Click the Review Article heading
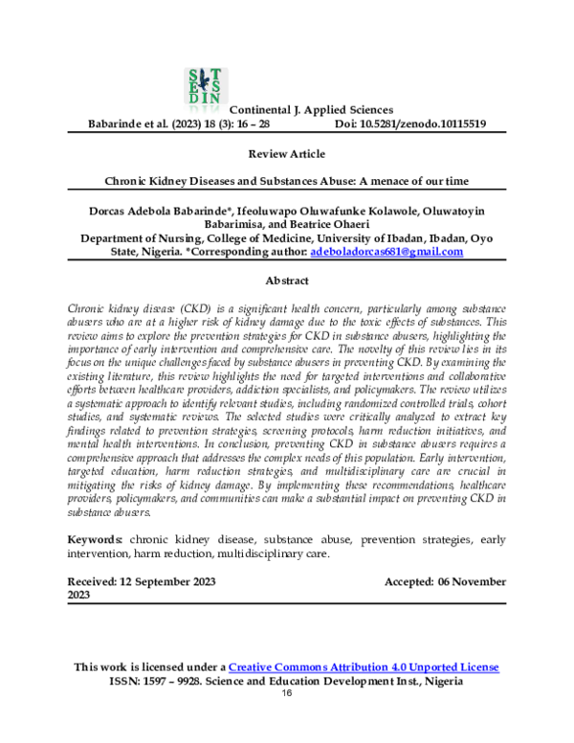point(286,154)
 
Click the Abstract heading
point(286,281)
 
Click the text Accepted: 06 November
point(445,581)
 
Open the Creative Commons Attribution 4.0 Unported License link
point(364,666)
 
